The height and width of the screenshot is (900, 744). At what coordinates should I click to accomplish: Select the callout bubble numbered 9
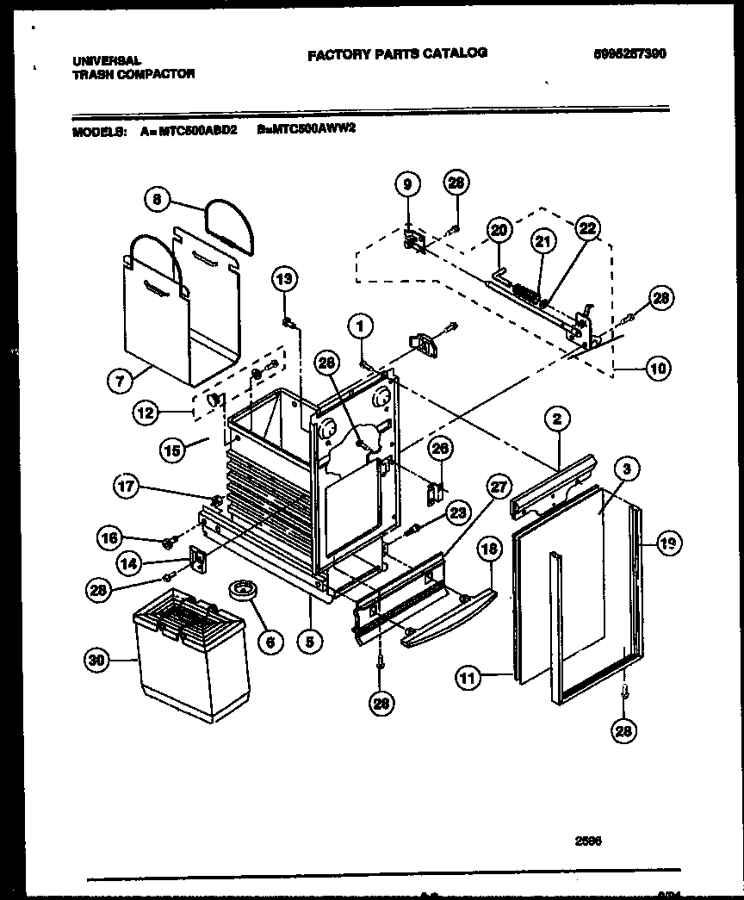tap(407, 184)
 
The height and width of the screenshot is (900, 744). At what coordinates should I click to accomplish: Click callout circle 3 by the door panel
tap(627, 469)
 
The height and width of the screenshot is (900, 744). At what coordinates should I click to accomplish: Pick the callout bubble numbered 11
tap(468, 679)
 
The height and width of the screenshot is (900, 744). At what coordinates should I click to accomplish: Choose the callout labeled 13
tap(285, 277)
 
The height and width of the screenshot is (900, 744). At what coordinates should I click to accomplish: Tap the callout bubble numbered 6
tap(270, 640)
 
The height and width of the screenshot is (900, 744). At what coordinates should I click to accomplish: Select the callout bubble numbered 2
tap(557, 419)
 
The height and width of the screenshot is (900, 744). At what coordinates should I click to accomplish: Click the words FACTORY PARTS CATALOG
tap(397, 53)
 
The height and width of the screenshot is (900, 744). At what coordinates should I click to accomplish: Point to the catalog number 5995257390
tap(630, 53)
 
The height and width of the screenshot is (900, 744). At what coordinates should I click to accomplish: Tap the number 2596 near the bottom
tap(587, 844)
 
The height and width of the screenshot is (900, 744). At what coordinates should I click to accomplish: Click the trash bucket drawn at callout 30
tap(191, 655)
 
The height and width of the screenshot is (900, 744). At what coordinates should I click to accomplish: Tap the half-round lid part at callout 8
tap(229, 227)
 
